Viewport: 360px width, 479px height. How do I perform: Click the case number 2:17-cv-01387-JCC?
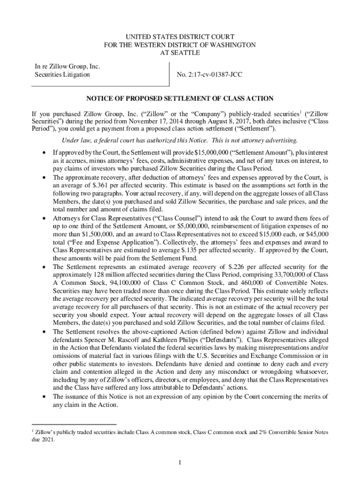click(209, 75)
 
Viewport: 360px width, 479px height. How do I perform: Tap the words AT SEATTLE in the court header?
click(180, 53)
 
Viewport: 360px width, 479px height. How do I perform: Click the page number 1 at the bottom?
click(180, 463)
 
